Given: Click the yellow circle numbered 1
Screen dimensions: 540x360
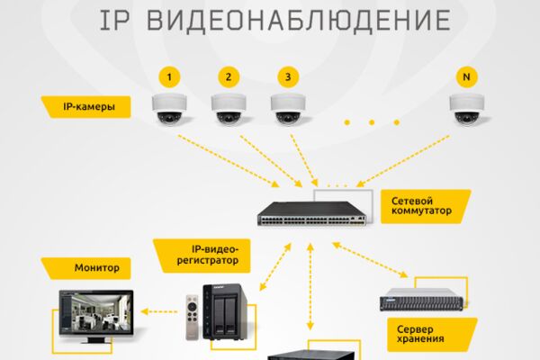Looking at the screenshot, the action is [x=169, y=76].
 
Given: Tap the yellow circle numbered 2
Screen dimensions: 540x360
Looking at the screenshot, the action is [x=229, y=76].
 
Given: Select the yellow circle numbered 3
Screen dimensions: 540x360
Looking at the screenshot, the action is [x=288, y=76].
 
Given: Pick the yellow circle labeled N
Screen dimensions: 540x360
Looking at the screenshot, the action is [x=466, y=76].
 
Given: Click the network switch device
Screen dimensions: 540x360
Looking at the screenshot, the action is [x=312, y=213].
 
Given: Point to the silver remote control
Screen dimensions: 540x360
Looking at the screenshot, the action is [x=193, y=318].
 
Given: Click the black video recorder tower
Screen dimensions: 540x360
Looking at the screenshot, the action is [x=224, y=312].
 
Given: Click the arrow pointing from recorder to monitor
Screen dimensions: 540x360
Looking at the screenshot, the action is [x=159, y=311].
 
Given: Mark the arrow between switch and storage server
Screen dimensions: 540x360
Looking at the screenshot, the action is [x=370, y=260].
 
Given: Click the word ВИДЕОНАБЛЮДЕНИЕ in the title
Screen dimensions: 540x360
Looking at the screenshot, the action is [x=299, y=21].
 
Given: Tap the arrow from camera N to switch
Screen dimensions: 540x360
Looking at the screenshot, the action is [x=402, y=161].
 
